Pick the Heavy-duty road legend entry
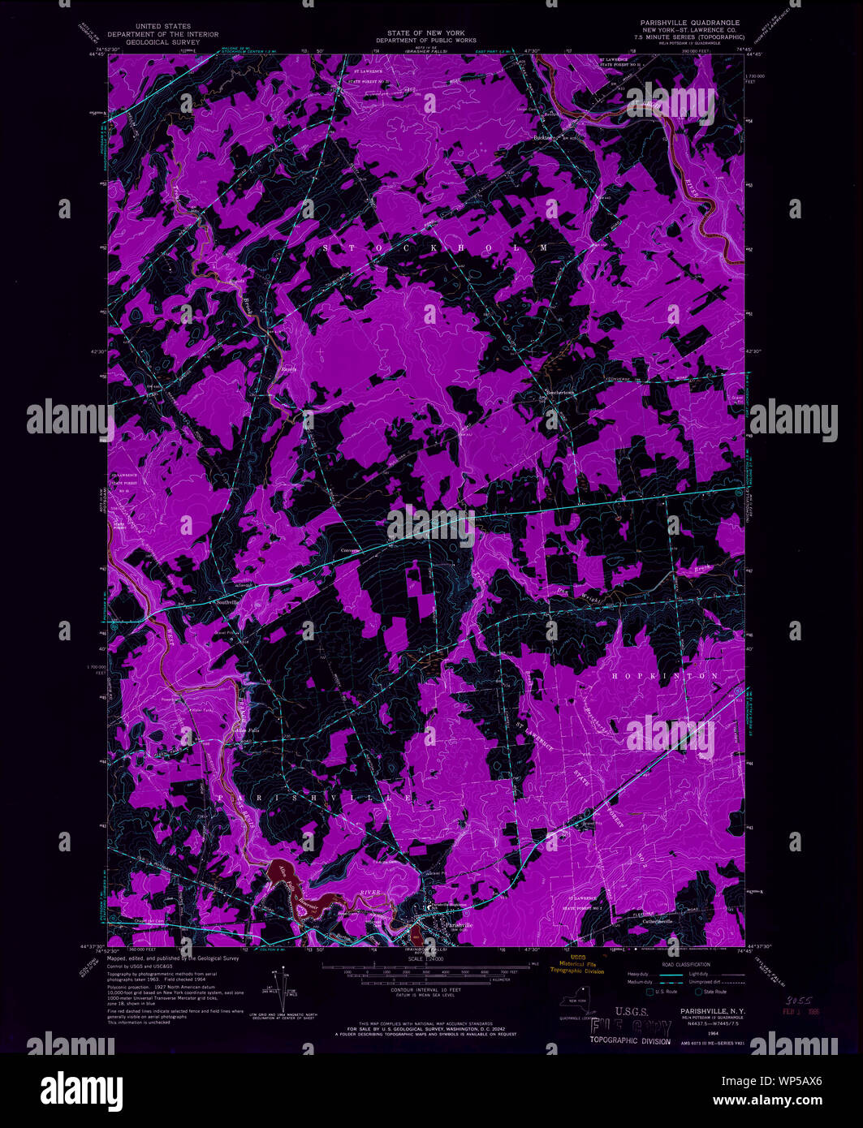[x=636, y=973]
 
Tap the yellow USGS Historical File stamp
[x=577, y=963]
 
